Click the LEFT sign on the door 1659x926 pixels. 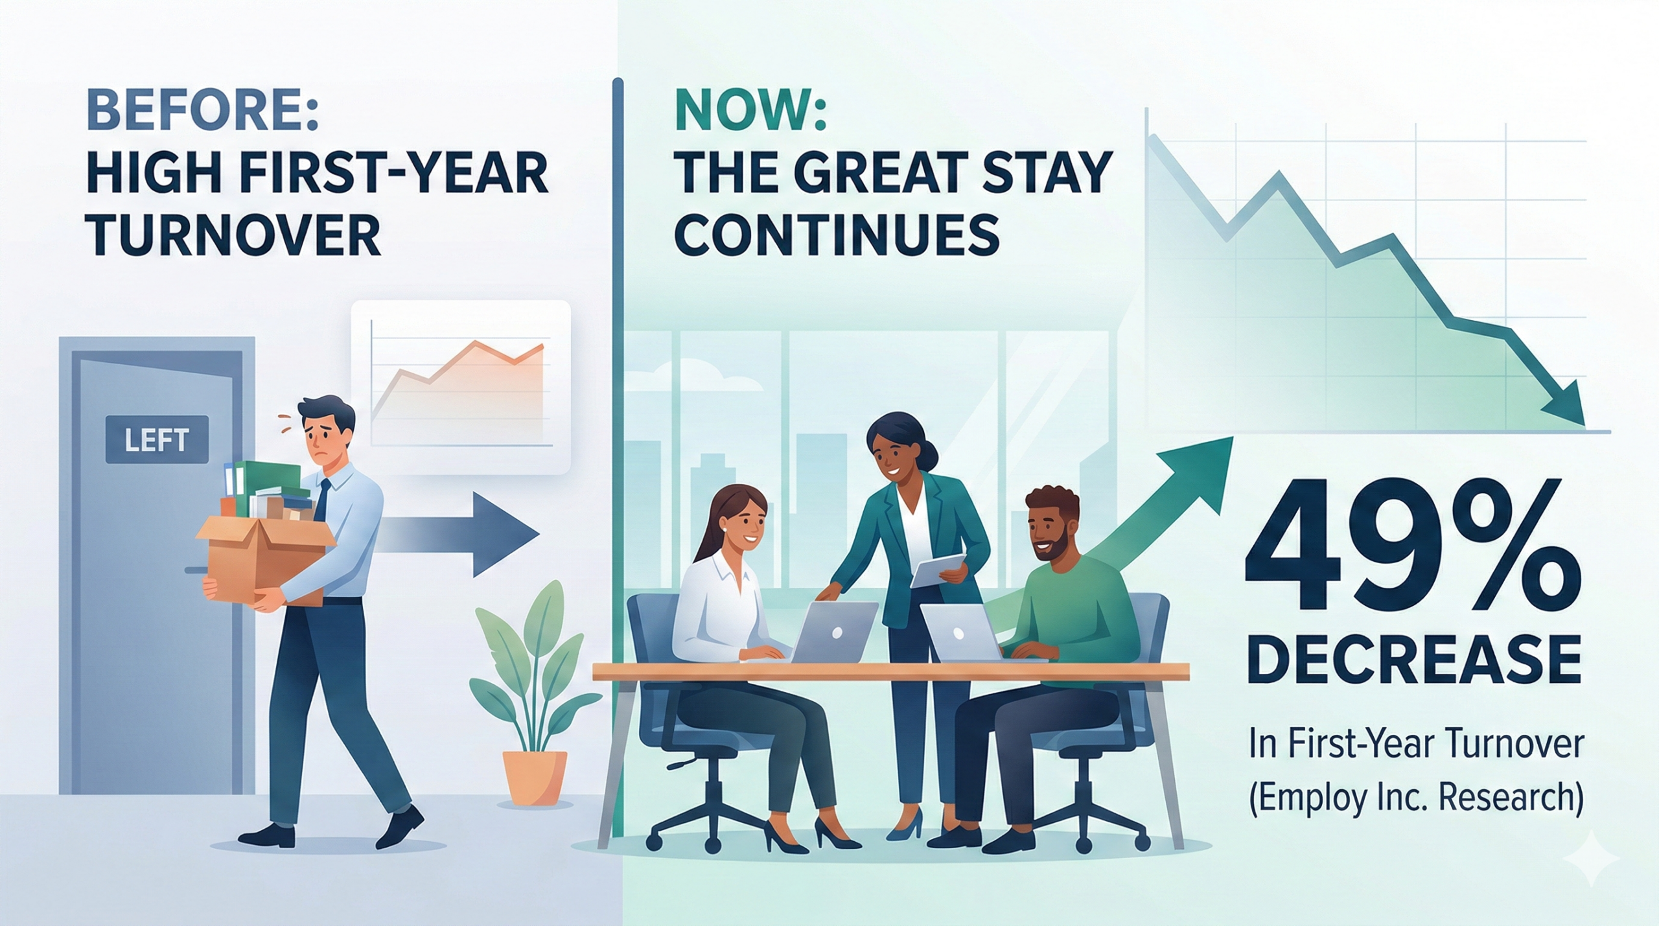[157, 440]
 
